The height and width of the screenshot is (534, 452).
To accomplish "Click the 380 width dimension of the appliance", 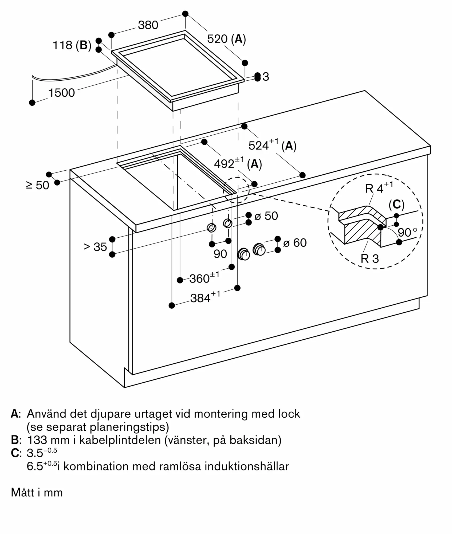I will pyautogui.click(x=148, y=25).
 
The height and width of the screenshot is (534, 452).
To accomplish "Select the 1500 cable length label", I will pyautogui.click(x=61, y=93).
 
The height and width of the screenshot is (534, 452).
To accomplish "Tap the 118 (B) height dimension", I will pyautogui.click(x=72, y=45).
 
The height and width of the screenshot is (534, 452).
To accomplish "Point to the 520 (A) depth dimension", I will pyautogui.click(x=226, y=39).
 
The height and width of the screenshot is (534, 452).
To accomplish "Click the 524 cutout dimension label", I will pyautogui.click(x=272, y=145).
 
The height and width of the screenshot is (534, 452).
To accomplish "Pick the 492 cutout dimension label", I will pyautogui.click(x=238, y=164).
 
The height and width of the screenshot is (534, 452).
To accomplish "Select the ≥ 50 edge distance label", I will pyautogui.click(x=38, y=185).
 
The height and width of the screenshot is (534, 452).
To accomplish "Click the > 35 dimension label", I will pyautogui.click(x=95, y=247).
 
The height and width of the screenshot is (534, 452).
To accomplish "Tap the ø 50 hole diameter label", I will pyautogui.click(x=266, y=216).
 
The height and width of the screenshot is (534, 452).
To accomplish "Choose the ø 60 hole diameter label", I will pyautogui.click(x=295, y=243).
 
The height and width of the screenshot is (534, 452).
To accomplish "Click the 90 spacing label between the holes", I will pyautogui.click(x=220, y=254).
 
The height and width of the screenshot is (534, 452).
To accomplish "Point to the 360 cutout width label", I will pyautogui.click(x=204, y=278).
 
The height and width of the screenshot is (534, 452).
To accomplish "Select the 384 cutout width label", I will pyautogui.click(x=205, y=298).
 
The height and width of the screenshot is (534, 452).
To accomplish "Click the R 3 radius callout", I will pyautogui.click(x=370, y=258).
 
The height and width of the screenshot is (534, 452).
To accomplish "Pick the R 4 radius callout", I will pyautogui.click(x=379, y=188).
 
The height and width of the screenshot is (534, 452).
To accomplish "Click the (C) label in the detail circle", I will pyautogui.click(x=396, y=205).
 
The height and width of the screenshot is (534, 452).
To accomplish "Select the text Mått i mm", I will pyautogui.click(x=37, y=492).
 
